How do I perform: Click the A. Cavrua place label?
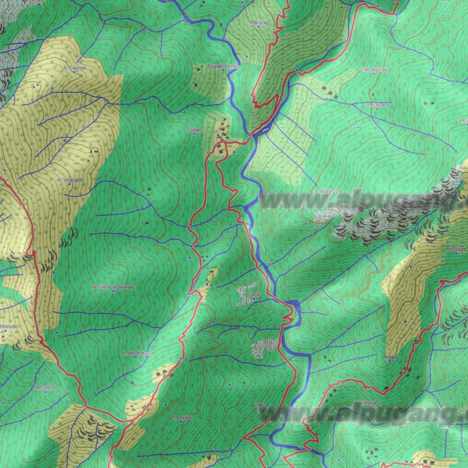coord(74,68)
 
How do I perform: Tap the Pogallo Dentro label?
coord(223,66)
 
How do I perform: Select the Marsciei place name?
coord(259,22)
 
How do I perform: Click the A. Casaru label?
coord(378,105)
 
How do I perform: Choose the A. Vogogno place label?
coord(70,180)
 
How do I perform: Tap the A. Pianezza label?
coord(328,191)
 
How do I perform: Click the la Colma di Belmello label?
coord(114,287)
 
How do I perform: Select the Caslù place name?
coord(254,294)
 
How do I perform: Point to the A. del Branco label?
coord(136,353)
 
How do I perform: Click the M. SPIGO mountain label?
coord(46,388)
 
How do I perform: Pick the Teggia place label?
coord(390,356)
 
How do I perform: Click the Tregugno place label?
coord(370,403)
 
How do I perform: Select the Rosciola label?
coord(457,250)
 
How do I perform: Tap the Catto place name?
coord(260,405)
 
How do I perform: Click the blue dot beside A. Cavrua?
coord(74,72)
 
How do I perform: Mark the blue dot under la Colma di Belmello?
coord(113,291)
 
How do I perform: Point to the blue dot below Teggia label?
coord(389,361)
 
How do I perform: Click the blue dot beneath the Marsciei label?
coord(259,27)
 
